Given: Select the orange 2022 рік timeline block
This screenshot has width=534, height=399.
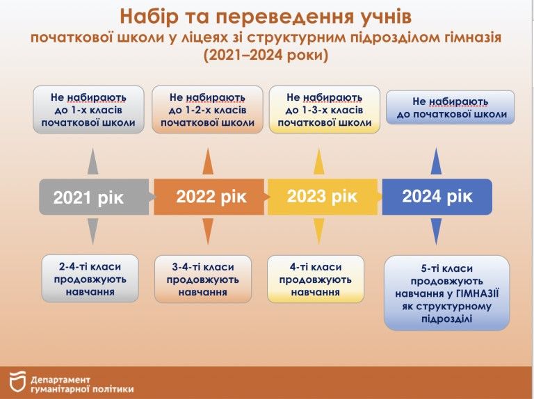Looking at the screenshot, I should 209,197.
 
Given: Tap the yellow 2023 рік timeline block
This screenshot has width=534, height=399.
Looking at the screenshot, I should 322,196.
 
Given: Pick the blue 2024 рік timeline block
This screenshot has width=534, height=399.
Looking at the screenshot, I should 437,196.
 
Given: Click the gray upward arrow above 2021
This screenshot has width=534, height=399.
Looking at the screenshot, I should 92,161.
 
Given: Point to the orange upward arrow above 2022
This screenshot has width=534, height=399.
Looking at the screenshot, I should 208,161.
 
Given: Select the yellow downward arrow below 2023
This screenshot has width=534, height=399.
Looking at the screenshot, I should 319,230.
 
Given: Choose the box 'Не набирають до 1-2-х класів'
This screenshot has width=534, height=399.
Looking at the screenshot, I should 207,110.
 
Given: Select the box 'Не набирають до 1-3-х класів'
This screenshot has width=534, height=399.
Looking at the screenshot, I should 324,110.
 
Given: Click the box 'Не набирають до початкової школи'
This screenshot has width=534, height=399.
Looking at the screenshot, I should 451,108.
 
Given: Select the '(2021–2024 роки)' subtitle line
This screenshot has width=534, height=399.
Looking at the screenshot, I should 266,55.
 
